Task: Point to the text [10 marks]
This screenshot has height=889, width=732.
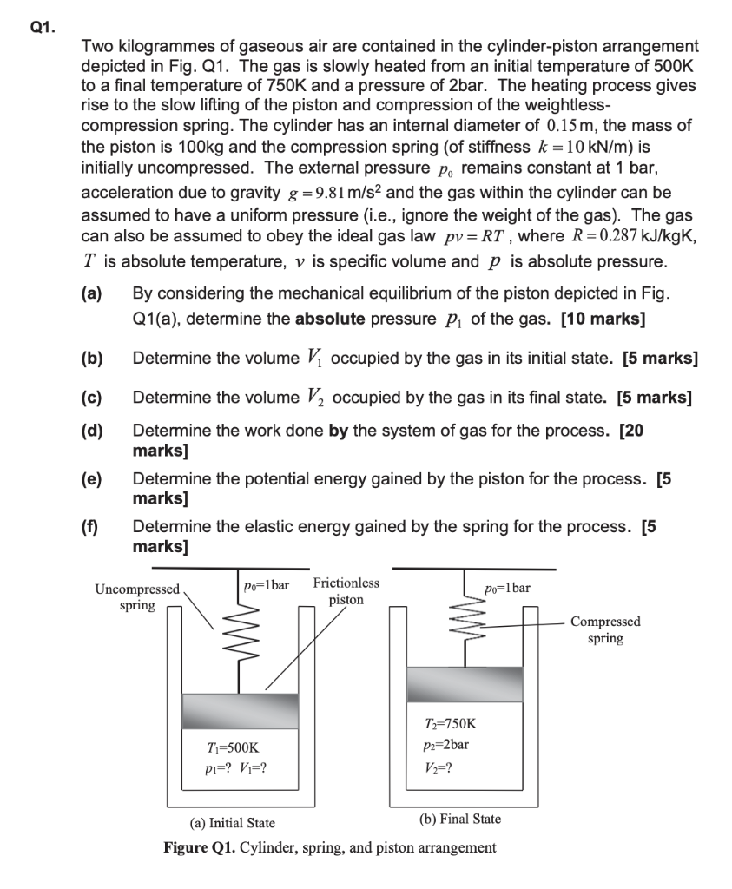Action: (603, 319)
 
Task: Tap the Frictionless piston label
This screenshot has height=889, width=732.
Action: (346, 591)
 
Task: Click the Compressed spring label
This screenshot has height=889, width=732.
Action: (605, 629)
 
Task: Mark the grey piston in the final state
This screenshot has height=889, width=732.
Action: (465, 683)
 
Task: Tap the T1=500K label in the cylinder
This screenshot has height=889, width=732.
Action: (228, 746)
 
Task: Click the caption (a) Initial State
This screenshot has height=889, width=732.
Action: (232, 822)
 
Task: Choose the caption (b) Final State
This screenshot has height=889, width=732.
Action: (459, 819)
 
